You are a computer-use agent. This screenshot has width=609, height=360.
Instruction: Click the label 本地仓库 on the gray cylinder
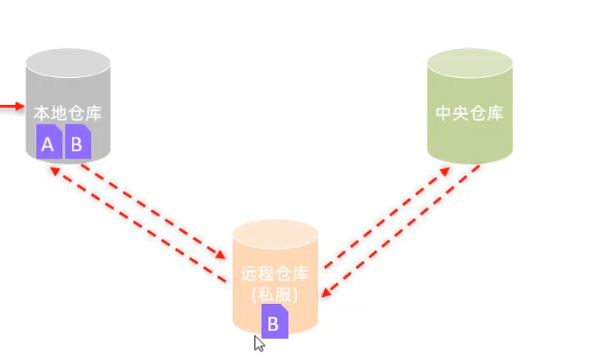(68, 113)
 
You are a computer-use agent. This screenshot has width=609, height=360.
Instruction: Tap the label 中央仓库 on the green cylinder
(470, 114)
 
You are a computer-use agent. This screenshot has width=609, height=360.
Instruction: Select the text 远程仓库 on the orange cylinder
(274, 273)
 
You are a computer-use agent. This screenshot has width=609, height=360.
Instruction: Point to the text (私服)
(274, 294)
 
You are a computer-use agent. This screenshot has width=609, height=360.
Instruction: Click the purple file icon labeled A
(49, 142)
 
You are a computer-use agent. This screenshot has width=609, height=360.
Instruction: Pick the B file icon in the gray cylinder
(77, 142)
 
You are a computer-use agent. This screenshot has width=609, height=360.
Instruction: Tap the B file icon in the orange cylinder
(273, 321)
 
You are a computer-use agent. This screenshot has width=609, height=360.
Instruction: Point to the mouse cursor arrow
(258, 342)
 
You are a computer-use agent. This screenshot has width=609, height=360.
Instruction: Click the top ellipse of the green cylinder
(470, 64)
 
